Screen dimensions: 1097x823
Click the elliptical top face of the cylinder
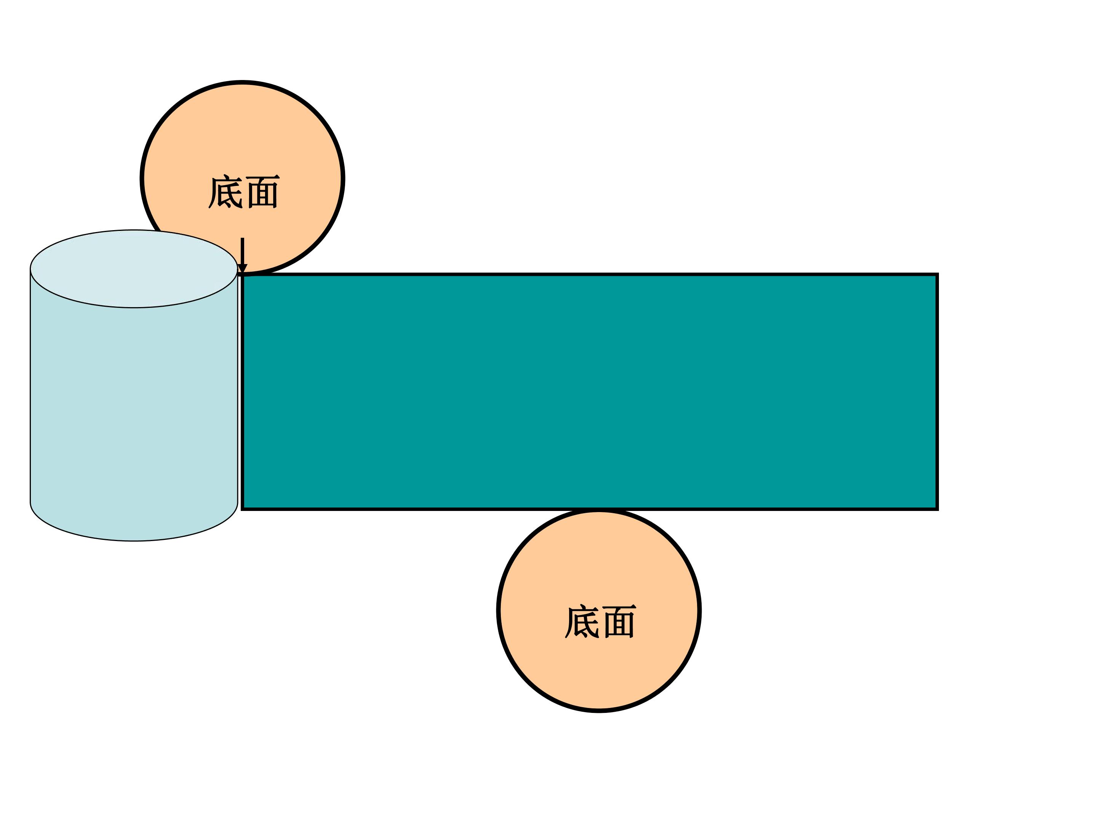(134, 269)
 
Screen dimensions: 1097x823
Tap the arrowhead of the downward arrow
(243, 269)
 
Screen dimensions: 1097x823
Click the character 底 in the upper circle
(225, 192)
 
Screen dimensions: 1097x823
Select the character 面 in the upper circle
(263, 192)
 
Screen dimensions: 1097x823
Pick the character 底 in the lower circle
(582, 621)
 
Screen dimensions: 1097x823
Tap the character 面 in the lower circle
(620, 621)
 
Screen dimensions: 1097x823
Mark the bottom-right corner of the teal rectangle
(937, 509)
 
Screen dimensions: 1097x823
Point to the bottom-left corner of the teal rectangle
(242, 509)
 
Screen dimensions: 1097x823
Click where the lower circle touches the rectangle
(599, 510)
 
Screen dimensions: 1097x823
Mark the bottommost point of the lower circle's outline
(599, 712)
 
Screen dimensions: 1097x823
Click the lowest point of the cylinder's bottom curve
(134, 541)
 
